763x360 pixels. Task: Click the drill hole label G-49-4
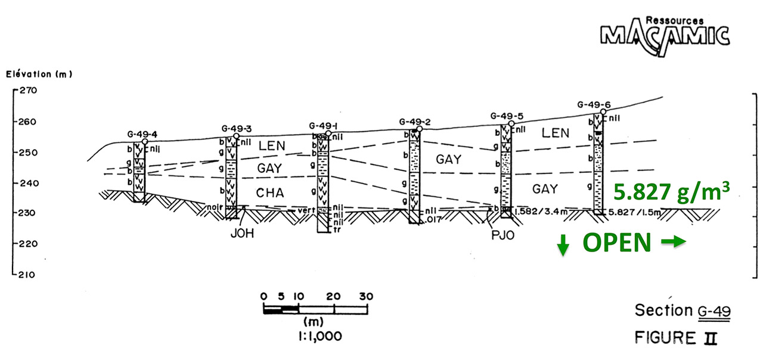pyautogui.click(x=142, y=134)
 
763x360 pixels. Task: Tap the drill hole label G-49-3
pyautogui.click(x=236, y=128)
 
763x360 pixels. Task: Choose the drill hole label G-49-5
pyautogui.click(x=507, y=116)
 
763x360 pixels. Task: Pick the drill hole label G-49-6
pyautogui.click(x=594, y=105)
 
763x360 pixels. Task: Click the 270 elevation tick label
pyautogui.click(x=28, y=91)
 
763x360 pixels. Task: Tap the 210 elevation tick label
pyautogui.click(x=28, y=275)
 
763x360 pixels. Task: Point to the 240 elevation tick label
pyautogui.click(x=28, y=183)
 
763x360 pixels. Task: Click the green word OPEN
pyautogui.click(x=616, y=243)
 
